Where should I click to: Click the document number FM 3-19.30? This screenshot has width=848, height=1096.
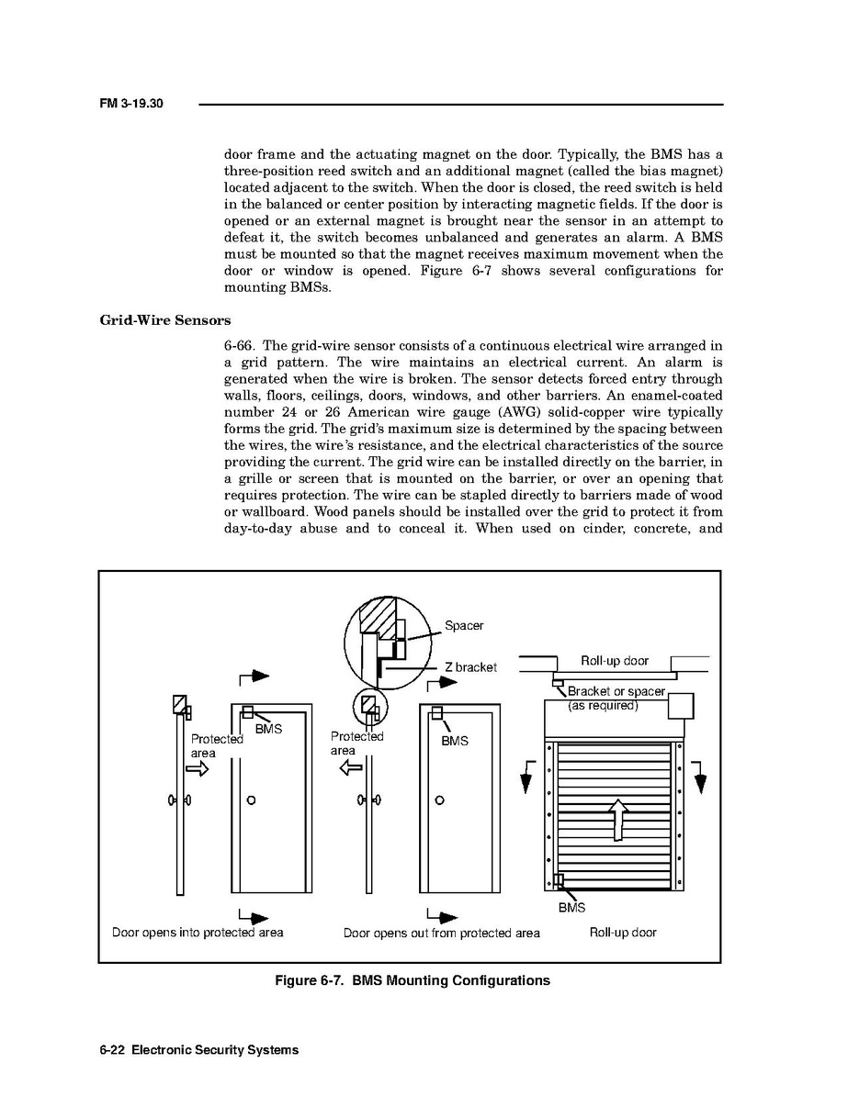point(130,104)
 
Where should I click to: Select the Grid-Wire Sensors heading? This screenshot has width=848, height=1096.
point(164,320)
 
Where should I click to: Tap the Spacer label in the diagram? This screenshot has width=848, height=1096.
point(464,626)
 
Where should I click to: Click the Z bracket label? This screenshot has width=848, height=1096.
point(470,667)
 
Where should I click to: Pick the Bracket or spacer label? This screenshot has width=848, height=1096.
point(616,692)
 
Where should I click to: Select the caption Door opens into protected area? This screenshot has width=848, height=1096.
point(198,933)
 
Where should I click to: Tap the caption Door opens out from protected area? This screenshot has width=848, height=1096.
point(442,934)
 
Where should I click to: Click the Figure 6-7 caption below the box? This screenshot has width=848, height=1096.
point(413,980)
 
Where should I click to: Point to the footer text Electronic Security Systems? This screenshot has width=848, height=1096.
point(215,1050)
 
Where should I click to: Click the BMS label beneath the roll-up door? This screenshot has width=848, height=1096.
point(571,909)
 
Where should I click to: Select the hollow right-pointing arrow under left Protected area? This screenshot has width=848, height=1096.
point(198,769)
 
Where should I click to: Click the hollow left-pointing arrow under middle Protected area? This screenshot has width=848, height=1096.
point(352,767)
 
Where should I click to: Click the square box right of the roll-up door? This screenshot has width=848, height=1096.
point(681,706)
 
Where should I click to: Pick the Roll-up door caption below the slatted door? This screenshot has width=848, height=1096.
point(623,933)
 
